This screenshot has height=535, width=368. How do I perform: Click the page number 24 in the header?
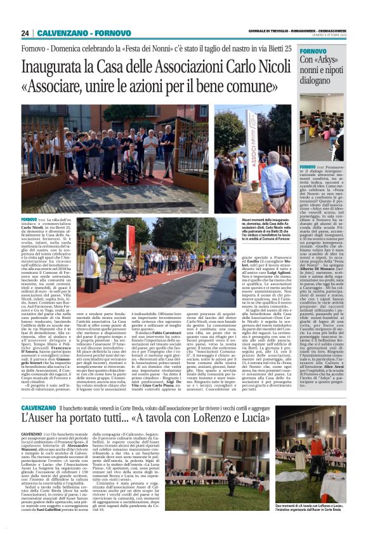point(25,33)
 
